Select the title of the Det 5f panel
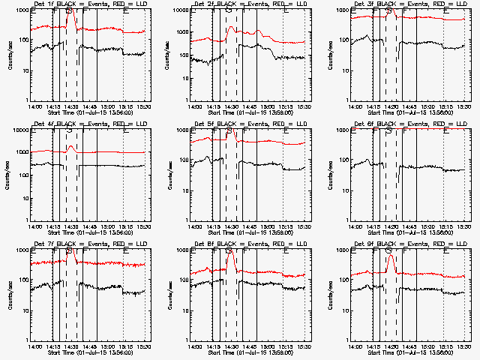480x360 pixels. [x=249, y=124]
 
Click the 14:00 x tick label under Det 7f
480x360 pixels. [x=34, y=346]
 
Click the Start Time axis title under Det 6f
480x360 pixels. [x=409, y=232]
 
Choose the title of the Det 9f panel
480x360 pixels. [x=409, y=244]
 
